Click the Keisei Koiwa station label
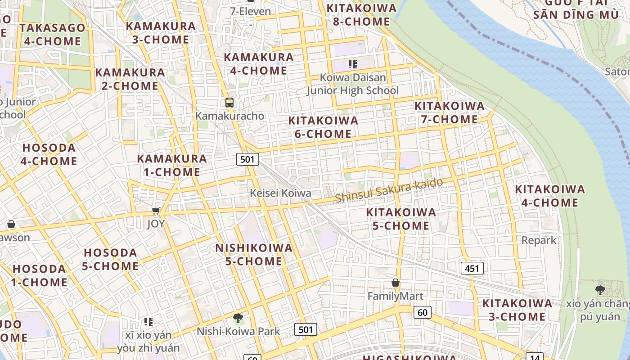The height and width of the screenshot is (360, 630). [280, 193]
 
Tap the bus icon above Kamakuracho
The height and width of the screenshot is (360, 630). [229, 103]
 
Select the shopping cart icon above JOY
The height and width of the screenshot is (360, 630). [156, 211]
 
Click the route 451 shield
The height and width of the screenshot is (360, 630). [472, 269]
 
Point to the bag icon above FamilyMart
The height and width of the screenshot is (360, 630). [395, 283]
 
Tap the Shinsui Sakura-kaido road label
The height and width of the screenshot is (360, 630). [389, 190]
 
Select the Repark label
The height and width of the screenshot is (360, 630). [539, 240]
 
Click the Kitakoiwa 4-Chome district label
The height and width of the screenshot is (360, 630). [549, 196]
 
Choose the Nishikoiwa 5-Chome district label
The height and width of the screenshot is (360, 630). [254, 254]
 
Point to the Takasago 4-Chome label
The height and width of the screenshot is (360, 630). [52, 35]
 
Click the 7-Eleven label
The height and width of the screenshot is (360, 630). [250, 11]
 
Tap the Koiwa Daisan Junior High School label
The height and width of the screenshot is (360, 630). [353, 84]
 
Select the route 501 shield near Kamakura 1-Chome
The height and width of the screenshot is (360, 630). [247, 159]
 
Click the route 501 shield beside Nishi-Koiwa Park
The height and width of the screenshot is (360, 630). [306, 329]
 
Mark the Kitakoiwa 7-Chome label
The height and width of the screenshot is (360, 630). [449, 112]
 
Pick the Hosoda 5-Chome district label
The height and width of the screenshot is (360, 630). [110, 259]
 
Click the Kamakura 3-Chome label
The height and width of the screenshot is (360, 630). [161, 32]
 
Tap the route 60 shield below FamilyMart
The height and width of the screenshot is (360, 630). [422, 312]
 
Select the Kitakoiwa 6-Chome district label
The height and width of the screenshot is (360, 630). [323, 127]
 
